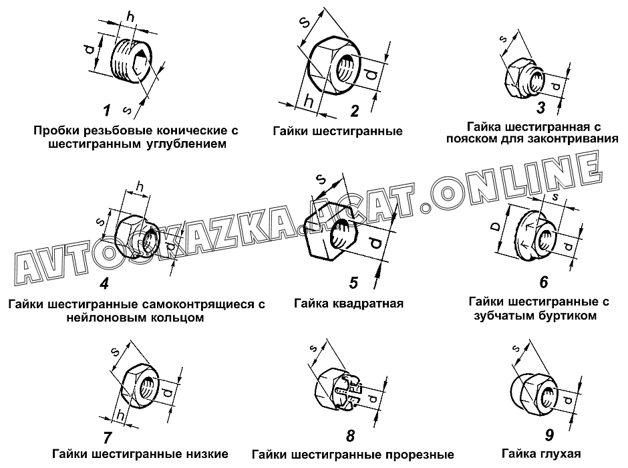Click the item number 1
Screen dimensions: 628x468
click(x=106, y=110)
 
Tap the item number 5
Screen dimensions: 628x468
click(x=353, y=283)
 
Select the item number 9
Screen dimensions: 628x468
click(x=549, y=435)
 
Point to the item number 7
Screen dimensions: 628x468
click(x=107, y=437)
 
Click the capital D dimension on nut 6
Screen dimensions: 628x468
click(x=496, y=227)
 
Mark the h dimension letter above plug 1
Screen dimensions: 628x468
click(x=130, y=17)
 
